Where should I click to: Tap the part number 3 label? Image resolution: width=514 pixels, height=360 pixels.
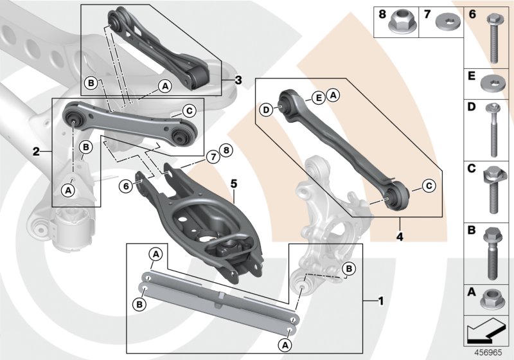[x=238, y=80]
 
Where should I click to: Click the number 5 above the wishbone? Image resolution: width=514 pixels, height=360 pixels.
[x=235, y=183]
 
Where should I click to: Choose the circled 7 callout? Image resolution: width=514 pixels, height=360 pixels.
[x=211, y=156]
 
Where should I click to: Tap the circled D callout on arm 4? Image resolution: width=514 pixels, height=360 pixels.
[x=266, y=110]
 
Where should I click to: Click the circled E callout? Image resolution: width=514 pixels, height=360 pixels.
[x=317, y=97]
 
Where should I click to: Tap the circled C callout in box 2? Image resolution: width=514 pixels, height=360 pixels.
[x=189, y=111]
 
